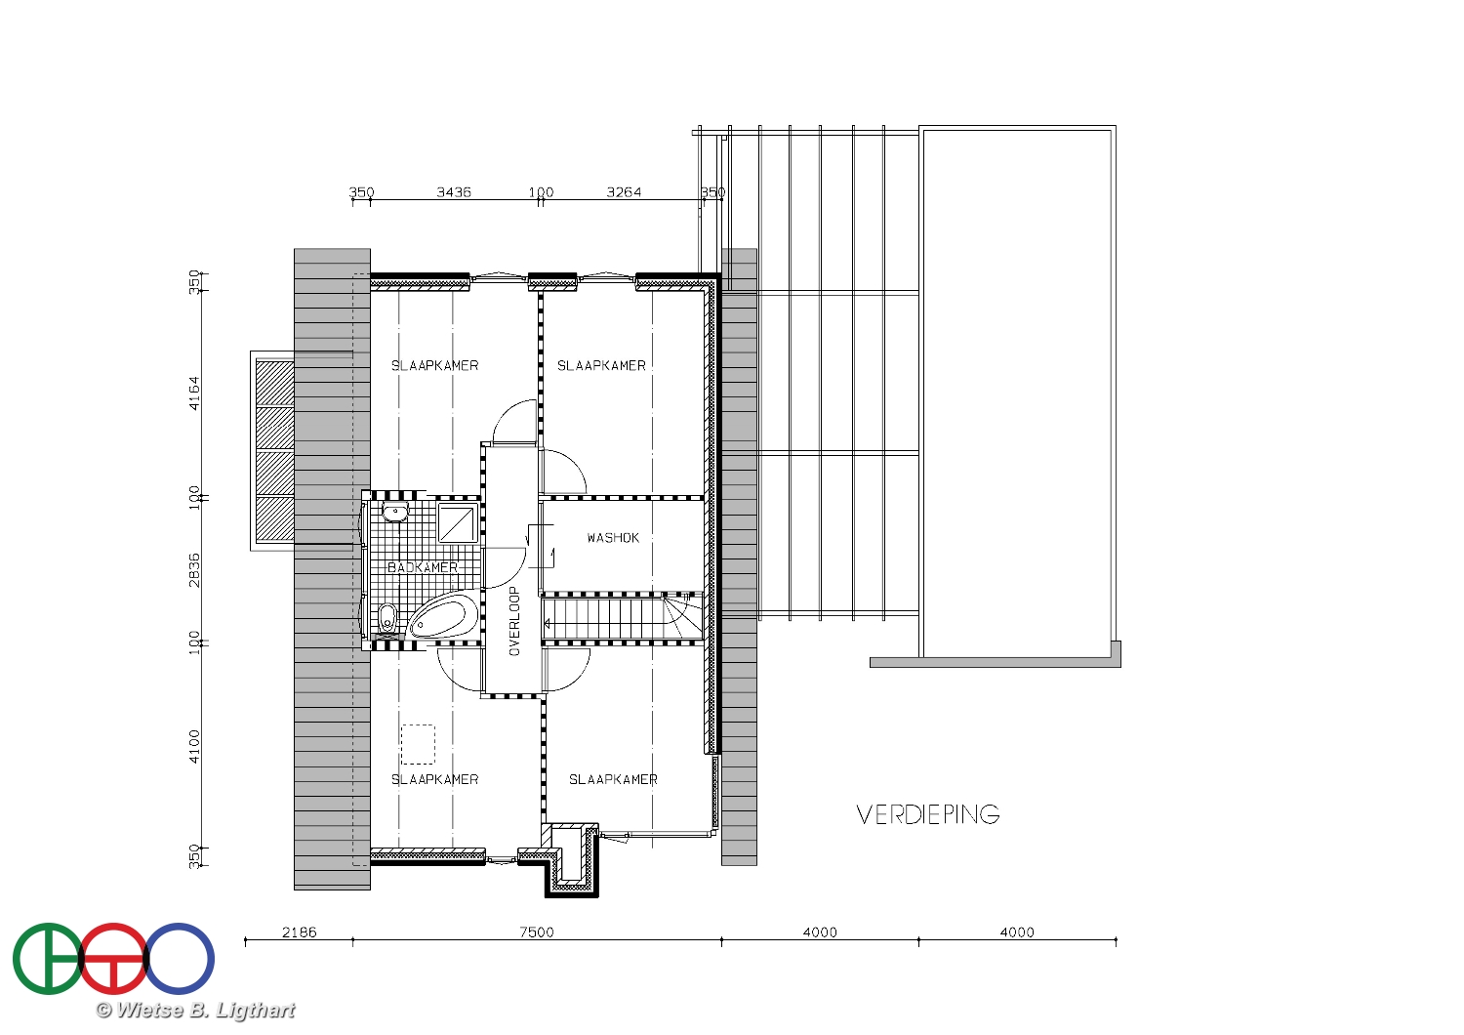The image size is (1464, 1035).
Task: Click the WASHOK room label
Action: click(x=613, y=538)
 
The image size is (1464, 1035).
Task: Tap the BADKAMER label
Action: click(x=423, y=567)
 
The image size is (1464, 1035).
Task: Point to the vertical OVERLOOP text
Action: click(x=514, y=621)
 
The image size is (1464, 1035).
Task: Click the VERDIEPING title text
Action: click(x=928, y=814)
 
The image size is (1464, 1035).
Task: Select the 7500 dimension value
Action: click(x=537, y=932)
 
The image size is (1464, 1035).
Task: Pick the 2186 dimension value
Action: click(x=300, y=932)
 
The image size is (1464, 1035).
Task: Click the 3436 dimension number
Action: click(x=454, y=192)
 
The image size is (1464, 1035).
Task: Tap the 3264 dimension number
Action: click(x=625, y=192)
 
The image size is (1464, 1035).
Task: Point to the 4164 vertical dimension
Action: click(x=195, y=393)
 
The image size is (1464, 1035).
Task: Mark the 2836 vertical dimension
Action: click(x=195, y=570)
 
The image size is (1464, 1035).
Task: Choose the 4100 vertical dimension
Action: click(x=195, y=747)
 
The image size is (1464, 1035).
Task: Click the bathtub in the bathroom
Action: click(x=438, y=618)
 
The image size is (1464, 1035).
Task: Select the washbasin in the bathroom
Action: click(x=394, y=512)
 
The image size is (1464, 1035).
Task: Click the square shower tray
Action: click(x=458, y=523)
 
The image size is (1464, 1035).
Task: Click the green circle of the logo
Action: click(x=48, y=959)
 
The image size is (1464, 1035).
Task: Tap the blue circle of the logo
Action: click(x=179, y=959)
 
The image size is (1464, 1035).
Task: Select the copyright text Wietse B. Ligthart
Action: click(x=196, y=1011)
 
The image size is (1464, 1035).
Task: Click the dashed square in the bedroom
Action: click(x=418, y=744)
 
